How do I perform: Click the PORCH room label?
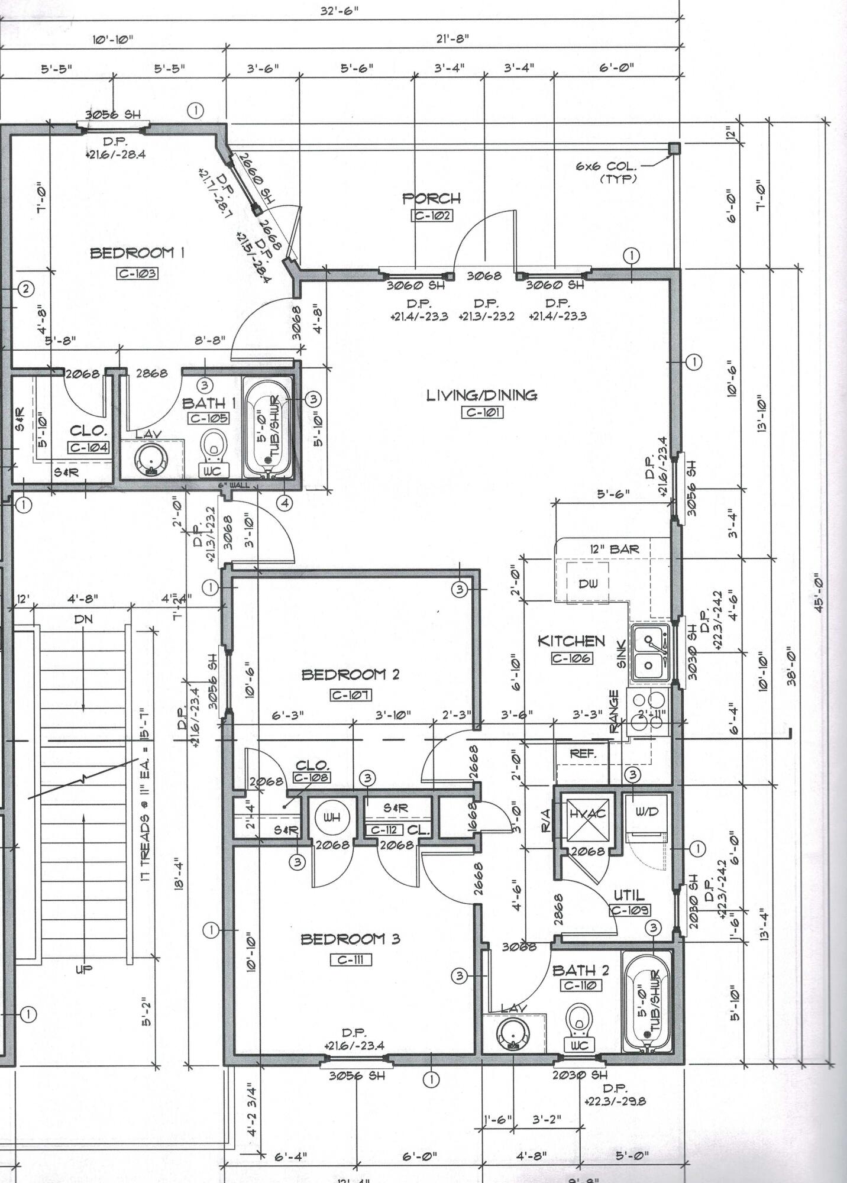point(432,198)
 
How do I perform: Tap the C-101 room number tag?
point(482,412)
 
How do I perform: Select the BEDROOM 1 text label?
point(137,253)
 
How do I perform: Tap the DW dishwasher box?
point(588,583)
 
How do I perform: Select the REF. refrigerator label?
point(582,754)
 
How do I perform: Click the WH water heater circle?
point(331,818)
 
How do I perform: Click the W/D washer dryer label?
point(646,812)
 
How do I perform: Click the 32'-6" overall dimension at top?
point(340,11)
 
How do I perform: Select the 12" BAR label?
point(614,549)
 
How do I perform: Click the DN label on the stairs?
point(83,619)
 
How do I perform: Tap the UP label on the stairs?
point(83,969)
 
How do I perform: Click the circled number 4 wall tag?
point(285,503)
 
